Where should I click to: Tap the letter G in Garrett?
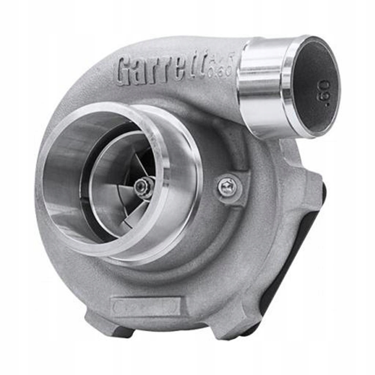(x=125, y=71)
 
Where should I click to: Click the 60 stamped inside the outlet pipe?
(x=324, y=92)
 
